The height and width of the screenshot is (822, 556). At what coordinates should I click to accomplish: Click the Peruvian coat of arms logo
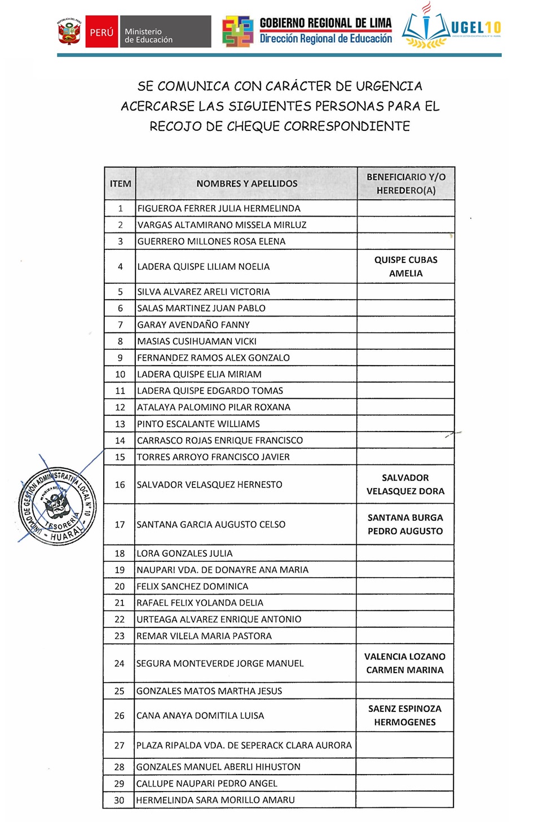pyautogui.click(x=69, y=32)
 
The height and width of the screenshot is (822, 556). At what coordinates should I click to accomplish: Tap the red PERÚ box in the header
pyautogui.click(x=102, y=32)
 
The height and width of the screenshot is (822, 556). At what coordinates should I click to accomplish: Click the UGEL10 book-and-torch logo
pyautogui.click(x=426, y=28)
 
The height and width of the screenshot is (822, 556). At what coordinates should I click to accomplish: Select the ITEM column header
pyautogui.click(x=120, y=184)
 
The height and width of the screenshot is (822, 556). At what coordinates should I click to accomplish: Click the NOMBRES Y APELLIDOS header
pyautogui.click(x=246, y=184)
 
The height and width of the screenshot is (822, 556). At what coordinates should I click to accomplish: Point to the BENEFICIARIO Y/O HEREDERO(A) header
pyautogui.click(x=406, y=184)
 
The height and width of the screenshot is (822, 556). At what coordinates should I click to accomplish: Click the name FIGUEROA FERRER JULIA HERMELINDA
pyautogui.click(x=219, y=209)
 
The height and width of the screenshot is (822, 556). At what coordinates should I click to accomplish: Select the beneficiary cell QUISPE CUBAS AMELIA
pyautogui.click(x=406, y=267)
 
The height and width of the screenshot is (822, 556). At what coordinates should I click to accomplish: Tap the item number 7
pyautogui.click(x=120, y=325)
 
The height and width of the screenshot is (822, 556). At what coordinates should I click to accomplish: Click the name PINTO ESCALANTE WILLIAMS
pyautogui.click(x=198, y=424)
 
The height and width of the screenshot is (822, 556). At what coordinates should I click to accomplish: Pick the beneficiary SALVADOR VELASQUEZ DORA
pyautogui.click(x=405, y=485)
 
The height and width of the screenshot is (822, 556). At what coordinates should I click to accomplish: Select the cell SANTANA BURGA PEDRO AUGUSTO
pyautogui.click(x=405, y=525)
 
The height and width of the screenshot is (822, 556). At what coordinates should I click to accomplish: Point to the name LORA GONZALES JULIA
pyautogui.click(x=184, y=553)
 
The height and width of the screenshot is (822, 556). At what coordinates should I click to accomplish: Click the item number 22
pyautogui.click(x=120, y=619)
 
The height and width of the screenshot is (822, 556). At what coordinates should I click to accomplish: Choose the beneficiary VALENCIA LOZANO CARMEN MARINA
pyautogui.click(x=405, y=663)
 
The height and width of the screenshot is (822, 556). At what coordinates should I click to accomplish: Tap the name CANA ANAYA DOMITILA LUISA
pyautogui.click(x=200, y=716)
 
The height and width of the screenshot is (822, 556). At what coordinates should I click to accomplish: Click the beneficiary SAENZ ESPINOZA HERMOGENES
pyautogui.click(x=405, y=716)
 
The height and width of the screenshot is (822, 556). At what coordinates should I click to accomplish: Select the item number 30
pyautogui.click(x=119, y=800)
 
